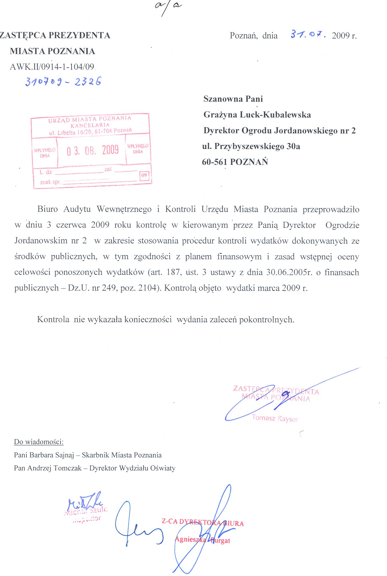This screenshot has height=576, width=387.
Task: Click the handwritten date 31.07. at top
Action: (x=308, y=35)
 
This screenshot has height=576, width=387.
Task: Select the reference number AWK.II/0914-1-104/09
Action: (x=52, y=67)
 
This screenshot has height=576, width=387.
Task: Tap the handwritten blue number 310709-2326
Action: (x=63, y=82)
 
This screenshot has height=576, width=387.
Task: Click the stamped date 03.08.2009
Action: (x=93, y=150)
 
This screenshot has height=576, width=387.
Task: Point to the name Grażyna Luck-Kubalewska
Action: (x=257, y=115)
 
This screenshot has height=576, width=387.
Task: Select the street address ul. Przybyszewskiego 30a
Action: (x=251, y=146)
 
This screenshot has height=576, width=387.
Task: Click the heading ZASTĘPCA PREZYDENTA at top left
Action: (x=55, y=35)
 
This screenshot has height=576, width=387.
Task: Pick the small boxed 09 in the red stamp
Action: (x=144, y=175)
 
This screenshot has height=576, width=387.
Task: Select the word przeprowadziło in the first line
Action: (x=331, y=209)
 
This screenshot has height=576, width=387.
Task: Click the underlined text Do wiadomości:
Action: (x=39, y=442)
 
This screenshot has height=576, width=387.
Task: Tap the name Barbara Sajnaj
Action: (x=52, y=455)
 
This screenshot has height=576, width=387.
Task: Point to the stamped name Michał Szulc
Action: (x=86, y=511)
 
